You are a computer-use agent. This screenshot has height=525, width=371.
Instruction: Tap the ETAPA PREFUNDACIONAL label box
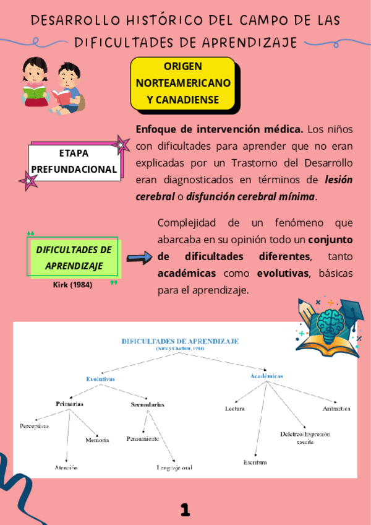click(74, 161)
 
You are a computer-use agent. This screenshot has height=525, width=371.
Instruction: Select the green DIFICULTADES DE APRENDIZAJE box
click(74, 258)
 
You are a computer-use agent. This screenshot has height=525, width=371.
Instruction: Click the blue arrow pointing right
click(139, 258)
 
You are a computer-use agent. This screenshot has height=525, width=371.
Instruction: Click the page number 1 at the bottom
click(185, 509)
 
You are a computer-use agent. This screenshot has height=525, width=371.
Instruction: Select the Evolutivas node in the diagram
click(100, 378)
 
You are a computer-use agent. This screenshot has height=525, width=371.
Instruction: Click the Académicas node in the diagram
click(267, 376)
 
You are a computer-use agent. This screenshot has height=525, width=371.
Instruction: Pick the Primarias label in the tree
click(69, 404)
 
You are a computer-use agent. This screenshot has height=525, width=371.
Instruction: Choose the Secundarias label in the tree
click(147, 404)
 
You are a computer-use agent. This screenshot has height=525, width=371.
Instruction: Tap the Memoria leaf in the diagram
click(97, 440)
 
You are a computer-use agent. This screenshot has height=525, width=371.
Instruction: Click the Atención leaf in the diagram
click(66, 468)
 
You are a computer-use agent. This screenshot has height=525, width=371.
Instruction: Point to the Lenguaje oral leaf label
click(174, 468)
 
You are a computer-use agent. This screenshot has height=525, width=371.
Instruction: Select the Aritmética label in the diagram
click(336, 409)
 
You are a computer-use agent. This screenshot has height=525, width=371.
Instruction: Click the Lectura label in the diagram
click(235, 409)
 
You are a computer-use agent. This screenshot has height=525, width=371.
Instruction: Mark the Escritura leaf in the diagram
click(255, 462)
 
